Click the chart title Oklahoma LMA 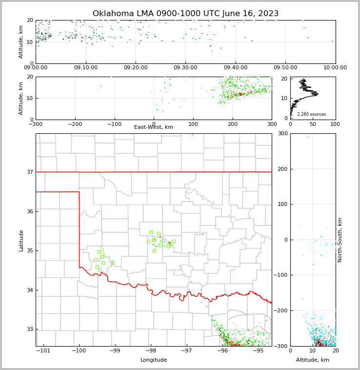click(185, 14)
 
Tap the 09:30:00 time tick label click(185, 68)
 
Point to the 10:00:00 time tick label click(335, 68)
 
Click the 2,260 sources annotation click(311, 114)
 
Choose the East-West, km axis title click(154, 127)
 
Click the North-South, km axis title click(340, 240)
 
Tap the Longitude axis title click(154, 360)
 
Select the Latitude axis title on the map click(21, 240)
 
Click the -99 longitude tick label click(115, 350)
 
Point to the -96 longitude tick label click(222, 350)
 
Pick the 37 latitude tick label click(29, 172)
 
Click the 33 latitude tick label click(29, 329)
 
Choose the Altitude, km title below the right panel click(313, 360)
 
